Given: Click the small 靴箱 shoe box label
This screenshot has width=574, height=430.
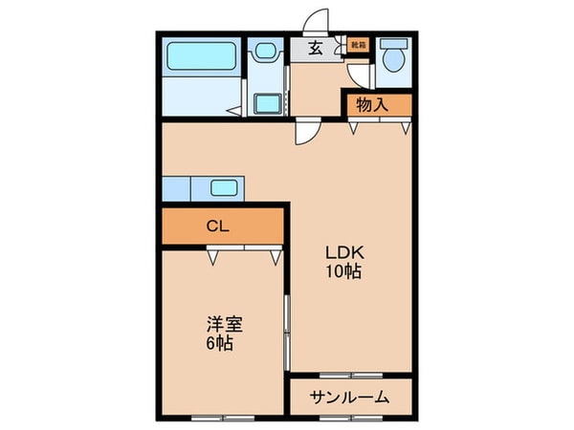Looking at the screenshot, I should click(358, 44).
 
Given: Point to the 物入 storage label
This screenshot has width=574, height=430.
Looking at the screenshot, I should click(372, 104).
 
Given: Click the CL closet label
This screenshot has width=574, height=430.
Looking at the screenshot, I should click(218, 226).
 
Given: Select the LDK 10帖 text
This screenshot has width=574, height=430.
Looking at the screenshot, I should click(341, 261).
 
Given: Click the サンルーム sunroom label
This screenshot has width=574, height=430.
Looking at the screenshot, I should click(350, 397).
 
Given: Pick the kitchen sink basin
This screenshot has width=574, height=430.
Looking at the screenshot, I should click(224, 187).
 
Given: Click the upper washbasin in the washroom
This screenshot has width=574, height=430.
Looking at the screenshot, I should click(265, 53).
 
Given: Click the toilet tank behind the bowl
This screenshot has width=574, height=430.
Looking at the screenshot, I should click(392, 45).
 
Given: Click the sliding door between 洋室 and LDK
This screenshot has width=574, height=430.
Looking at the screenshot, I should click(287, 330).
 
